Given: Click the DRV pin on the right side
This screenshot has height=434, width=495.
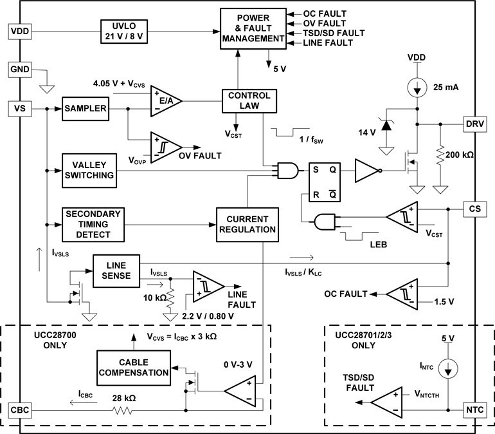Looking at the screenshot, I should (475, 124).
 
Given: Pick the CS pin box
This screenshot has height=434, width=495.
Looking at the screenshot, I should (475, 209).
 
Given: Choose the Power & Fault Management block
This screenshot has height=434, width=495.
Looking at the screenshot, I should (252, 28).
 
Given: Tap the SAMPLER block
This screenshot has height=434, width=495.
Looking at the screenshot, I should (84, 108).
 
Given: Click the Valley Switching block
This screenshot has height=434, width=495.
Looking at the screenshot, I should (88, 170).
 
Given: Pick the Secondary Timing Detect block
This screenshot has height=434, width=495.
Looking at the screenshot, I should (93, 224).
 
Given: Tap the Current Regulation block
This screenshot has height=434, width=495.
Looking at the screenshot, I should (248, 224).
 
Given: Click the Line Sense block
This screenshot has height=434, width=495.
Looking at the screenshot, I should (116, 270).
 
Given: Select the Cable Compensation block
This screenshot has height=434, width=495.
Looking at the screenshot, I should (134, 367).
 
